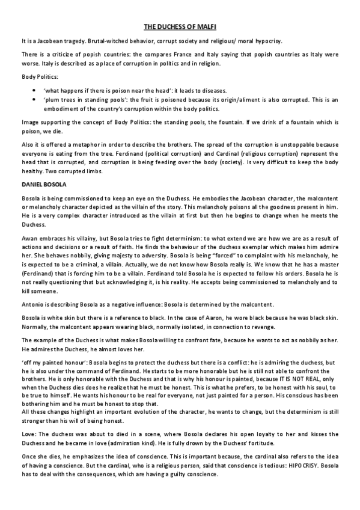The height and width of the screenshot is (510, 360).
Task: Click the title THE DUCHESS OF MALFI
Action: tap(180, 26)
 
